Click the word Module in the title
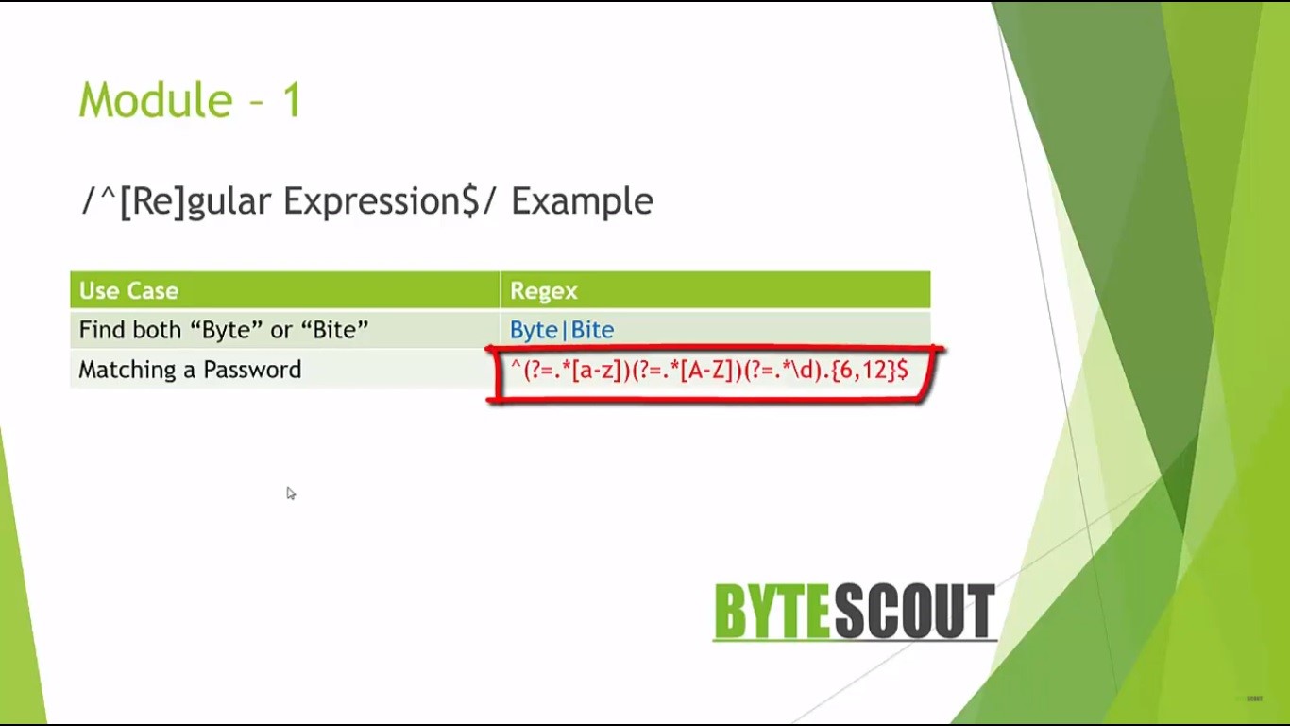(x=156, y=100)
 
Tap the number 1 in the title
(x=292, y=100)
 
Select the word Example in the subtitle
(x=583, y=202)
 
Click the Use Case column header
(x=128, y=290)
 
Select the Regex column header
(x=544, y=290)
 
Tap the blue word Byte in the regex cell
(x=534, y=330)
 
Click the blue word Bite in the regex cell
(x=593, y=330)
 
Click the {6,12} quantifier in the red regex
(x=864, y=370)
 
